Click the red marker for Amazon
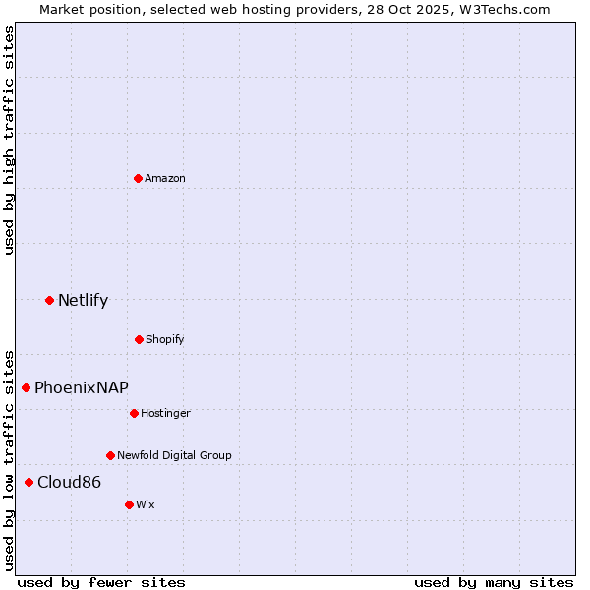[x=138, y=178]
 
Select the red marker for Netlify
[x=49, y=300]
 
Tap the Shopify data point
[x=139, y=339]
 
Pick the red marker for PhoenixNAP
[x=27, y=387]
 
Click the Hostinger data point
[x=134, y=413]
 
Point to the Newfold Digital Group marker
[x=110, y=455]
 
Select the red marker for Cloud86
[x=29, y=482]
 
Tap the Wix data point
[x=129, y=504]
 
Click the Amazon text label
[x=165, y=178]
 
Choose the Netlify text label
[x=83, y=301]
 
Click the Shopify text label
[x=165, y=339]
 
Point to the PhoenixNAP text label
[x=82, y=387]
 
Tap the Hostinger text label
[x=165, y=413]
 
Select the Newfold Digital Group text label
[x=174, y=455]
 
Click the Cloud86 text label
[x=69, y=482]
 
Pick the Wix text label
[x=146, y=504]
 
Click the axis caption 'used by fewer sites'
[x=101, y=582]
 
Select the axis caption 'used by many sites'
[x=494, y=582]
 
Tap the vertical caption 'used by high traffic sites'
[x=9, y=140]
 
